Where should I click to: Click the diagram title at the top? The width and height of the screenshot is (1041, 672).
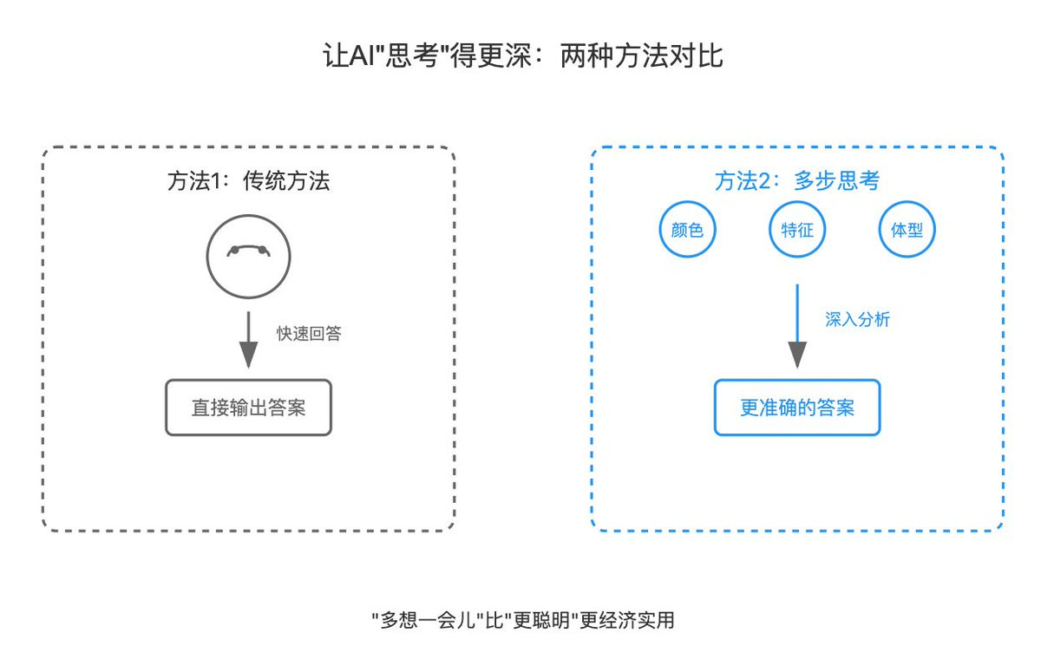[x=520, y=56]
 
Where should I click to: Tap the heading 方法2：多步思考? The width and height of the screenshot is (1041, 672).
[x=796, y=181]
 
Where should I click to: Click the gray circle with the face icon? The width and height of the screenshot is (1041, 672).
[x=248, y=258]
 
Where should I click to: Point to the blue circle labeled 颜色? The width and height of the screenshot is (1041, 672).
[x=687, y=230]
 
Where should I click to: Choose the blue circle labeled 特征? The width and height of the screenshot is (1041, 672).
[x=797, y=230]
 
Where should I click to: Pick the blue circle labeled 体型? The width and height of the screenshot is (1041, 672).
[x=907, y=230]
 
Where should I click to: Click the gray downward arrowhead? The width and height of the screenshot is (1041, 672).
[x=248, y=355]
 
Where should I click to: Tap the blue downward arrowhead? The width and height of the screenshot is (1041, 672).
[x=797, y=355]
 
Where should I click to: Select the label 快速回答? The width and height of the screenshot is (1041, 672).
[x=309, y=334]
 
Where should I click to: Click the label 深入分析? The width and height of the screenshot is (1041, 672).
[x=857, y=319]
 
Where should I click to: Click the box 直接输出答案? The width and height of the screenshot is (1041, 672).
[x=248, y=408]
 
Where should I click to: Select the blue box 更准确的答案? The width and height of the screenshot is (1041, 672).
[x=797, y=408]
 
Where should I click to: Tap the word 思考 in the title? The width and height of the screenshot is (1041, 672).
[x=417, y=56]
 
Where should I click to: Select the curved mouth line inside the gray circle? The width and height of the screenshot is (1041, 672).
[x=248, y=249]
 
